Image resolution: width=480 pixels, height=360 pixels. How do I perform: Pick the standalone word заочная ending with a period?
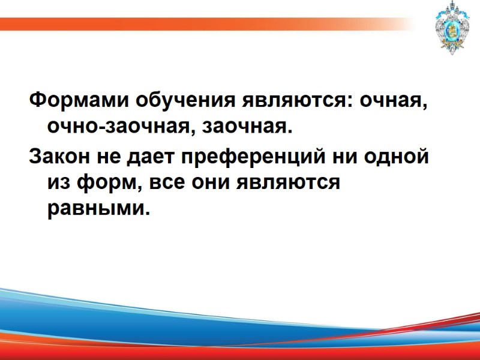(247, 127)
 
